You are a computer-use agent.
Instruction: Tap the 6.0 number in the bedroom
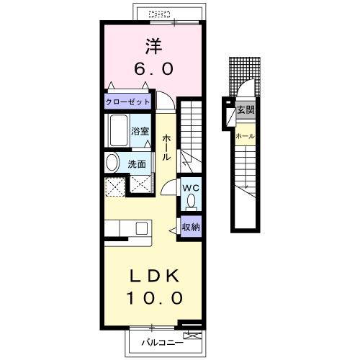point(153,68)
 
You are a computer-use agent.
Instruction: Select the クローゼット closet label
point(127,102)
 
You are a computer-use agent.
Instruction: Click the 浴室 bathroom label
point(140,131)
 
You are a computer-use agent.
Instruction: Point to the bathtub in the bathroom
point(119,130)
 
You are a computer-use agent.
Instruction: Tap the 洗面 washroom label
point(137,164)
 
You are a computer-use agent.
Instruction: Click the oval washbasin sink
point(112,163)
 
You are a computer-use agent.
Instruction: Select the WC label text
point(191,188)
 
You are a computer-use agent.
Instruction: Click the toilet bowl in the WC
point(192,201)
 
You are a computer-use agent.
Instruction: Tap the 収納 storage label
point(191,227)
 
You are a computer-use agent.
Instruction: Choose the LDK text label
point(154,276)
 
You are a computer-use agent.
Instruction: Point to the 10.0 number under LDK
point(154,298)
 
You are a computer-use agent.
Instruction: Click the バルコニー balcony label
point(162,343)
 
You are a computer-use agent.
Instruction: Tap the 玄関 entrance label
point(246,110)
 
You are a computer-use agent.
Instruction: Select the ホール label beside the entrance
point(245,136)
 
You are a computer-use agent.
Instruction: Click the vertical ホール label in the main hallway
point(166,147)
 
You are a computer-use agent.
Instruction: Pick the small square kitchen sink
point(142,228)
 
